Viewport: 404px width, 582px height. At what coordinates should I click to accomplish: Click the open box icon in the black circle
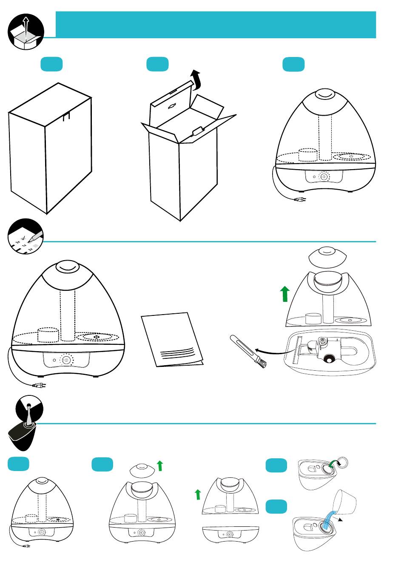26,31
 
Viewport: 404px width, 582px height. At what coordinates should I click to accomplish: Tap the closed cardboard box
50,149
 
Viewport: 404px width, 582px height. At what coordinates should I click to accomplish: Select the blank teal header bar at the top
216,25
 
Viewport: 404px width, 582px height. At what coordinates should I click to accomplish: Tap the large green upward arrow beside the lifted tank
285,294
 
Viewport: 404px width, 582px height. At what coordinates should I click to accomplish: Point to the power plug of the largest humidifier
39,386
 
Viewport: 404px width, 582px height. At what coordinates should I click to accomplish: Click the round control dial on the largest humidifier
67,360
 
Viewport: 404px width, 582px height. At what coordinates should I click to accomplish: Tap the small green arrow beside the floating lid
160,466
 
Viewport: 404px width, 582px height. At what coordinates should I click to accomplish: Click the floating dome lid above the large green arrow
327,256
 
